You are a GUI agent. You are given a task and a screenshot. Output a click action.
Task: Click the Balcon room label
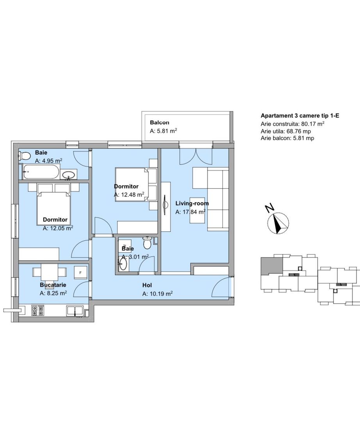(x=159, y=122)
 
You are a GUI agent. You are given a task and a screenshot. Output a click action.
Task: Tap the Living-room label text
(x=192, y=204)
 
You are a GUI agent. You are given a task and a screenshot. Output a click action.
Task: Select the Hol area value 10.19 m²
(x=157, y=293)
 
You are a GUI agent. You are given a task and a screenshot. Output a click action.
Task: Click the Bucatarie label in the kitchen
(x=53, y=285)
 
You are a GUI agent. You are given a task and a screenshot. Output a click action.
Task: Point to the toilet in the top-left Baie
(x=24, y=156)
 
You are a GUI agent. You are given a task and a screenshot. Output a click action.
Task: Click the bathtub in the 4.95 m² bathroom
(x=41, y=172)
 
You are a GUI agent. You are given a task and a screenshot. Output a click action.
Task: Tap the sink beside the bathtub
(x=69, y=175)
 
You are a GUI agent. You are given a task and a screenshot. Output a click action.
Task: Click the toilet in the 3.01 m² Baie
(x=147, y=243)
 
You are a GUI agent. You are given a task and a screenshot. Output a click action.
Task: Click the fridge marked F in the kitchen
(x=80, y=273)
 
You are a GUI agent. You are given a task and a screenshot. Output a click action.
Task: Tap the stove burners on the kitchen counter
(x=37, y=310)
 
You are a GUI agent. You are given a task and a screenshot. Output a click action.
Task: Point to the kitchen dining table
(x=49, y=272)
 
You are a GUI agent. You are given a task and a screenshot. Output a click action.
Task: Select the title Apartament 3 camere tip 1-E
(x=300, y=116)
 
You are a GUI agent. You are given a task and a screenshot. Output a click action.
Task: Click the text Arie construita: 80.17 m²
(x=292, y=124)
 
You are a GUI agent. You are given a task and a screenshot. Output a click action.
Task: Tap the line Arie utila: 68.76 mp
(x=285, y=131)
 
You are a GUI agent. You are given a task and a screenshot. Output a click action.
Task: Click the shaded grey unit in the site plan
(x=271, y=265)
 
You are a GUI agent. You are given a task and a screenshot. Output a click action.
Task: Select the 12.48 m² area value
(x=129, y=195)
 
